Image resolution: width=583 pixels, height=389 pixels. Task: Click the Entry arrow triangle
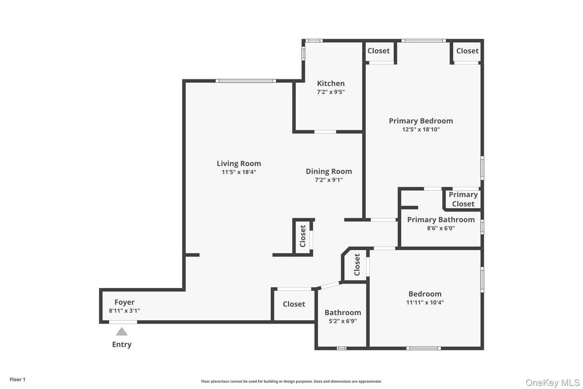click(x=122, y=332)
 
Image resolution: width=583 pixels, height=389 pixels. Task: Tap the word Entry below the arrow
click(x=122, y=344)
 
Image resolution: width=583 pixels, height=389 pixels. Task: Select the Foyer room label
click(x=124, y=302)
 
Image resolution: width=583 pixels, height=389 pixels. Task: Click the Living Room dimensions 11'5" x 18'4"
click(x=239, y=172)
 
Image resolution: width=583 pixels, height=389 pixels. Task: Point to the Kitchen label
click(x=331, y=83)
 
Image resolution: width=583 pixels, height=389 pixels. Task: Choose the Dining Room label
click(x=329, y=171)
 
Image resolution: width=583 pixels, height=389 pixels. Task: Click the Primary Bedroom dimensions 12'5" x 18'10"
click(x=421, y=129)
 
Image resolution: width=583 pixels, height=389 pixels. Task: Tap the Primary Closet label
click(x=463, y=199)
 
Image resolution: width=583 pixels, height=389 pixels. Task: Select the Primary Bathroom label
click(x=441, y=220)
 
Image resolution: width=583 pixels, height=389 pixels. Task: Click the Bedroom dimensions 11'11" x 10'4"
click(x=425, y=302)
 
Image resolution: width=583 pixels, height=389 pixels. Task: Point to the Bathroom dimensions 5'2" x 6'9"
click(x=343, y=321)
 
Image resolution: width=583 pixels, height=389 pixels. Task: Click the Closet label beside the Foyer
click(x=294, y=304)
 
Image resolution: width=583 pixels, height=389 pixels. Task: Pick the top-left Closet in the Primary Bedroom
click(x=379, y=51)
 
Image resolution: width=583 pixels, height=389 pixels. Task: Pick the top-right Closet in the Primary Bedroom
click(x=467, y=51)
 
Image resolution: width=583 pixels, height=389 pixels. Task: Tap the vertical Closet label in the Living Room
click(x=303, y=236)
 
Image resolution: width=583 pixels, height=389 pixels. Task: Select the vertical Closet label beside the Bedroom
click(x=357, y=265)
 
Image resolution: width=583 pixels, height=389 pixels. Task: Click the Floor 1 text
click(x=17, y=380)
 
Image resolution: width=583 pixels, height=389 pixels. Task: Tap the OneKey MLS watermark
click(x=553, y=383)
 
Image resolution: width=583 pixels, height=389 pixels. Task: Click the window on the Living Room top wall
click(x=246, y=81)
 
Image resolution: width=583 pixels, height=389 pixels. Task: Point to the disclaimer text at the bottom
click(x=291, y=381)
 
